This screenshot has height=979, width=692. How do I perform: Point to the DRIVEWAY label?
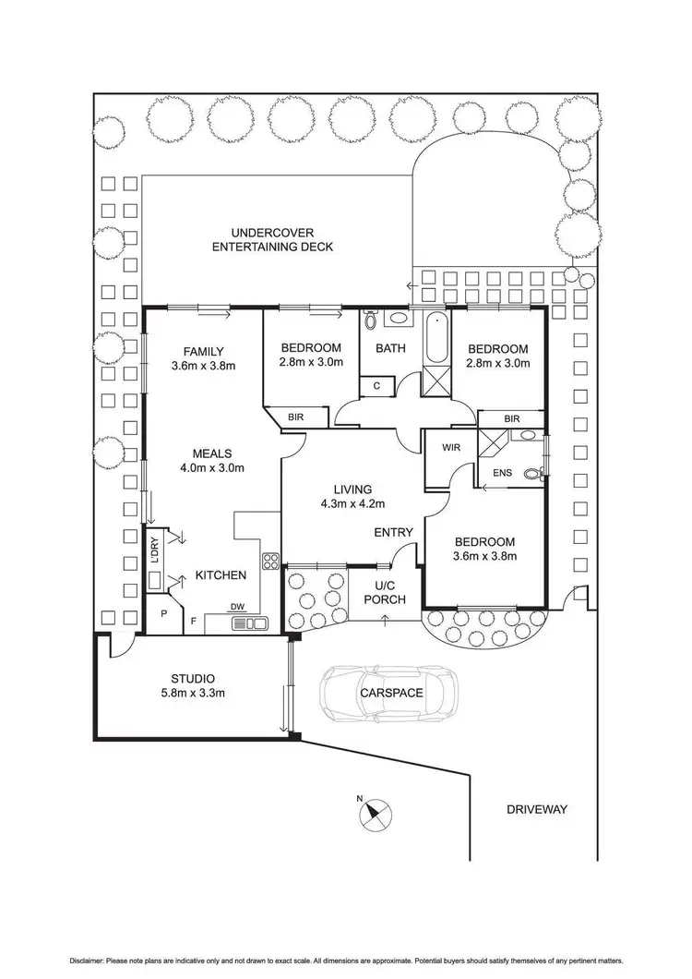click(x=536, y=809)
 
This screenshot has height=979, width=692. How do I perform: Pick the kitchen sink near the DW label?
click(x=249, y=623)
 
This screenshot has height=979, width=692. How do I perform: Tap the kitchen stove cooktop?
click(x=271, y=561)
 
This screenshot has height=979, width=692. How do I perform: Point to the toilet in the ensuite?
click(x=532, y=475)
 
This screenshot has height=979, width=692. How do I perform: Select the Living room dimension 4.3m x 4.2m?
click(x=352, y=503)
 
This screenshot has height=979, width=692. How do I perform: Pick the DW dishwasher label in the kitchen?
click(x=238, y=607)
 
